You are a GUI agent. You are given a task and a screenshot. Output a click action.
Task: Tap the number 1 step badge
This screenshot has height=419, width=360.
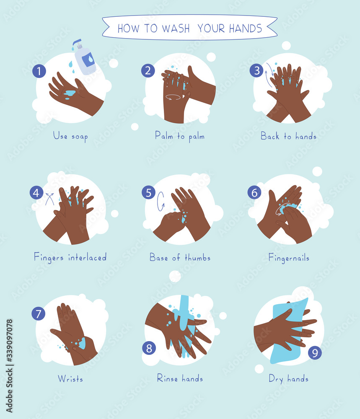click(39, 71)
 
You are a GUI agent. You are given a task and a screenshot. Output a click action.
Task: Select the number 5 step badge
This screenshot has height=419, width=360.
click(148, 192)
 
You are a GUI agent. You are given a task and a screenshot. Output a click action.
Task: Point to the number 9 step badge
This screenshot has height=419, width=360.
click(315, 352)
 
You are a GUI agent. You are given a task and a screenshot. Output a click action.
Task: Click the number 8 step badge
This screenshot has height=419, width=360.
click(148, 347)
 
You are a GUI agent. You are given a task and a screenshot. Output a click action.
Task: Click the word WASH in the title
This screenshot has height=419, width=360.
click(171, 28)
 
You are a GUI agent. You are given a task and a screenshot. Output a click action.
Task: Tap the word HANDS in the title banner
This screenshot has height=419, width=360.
click(245, 28)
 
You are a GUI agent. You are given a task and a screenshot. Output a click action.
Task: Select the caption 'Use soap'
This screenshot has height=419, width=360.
click(70, 136)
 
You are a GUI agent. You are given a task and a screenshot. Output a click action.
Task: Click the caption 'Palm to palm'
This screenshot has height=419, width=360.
click(180, 136)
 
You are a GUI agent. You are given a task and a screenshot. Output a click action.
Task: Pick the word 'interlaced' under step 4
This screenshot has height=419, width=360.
click(88, 257)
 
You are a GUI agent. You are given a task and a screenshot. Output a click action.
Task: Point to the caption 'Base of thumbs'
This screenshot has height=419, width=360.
click(180, 257)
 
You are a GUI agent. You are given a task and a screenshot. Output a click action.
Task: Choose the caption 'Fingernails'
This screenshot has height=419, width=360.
click(289, 257)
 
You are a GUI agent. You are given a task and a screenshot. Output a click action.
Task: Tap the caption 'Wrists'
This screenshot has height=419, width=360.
click(70, 379)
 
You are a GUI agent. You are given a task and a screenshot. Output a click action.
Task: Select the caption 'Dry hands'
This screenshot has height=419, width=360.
click(289, 379)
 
